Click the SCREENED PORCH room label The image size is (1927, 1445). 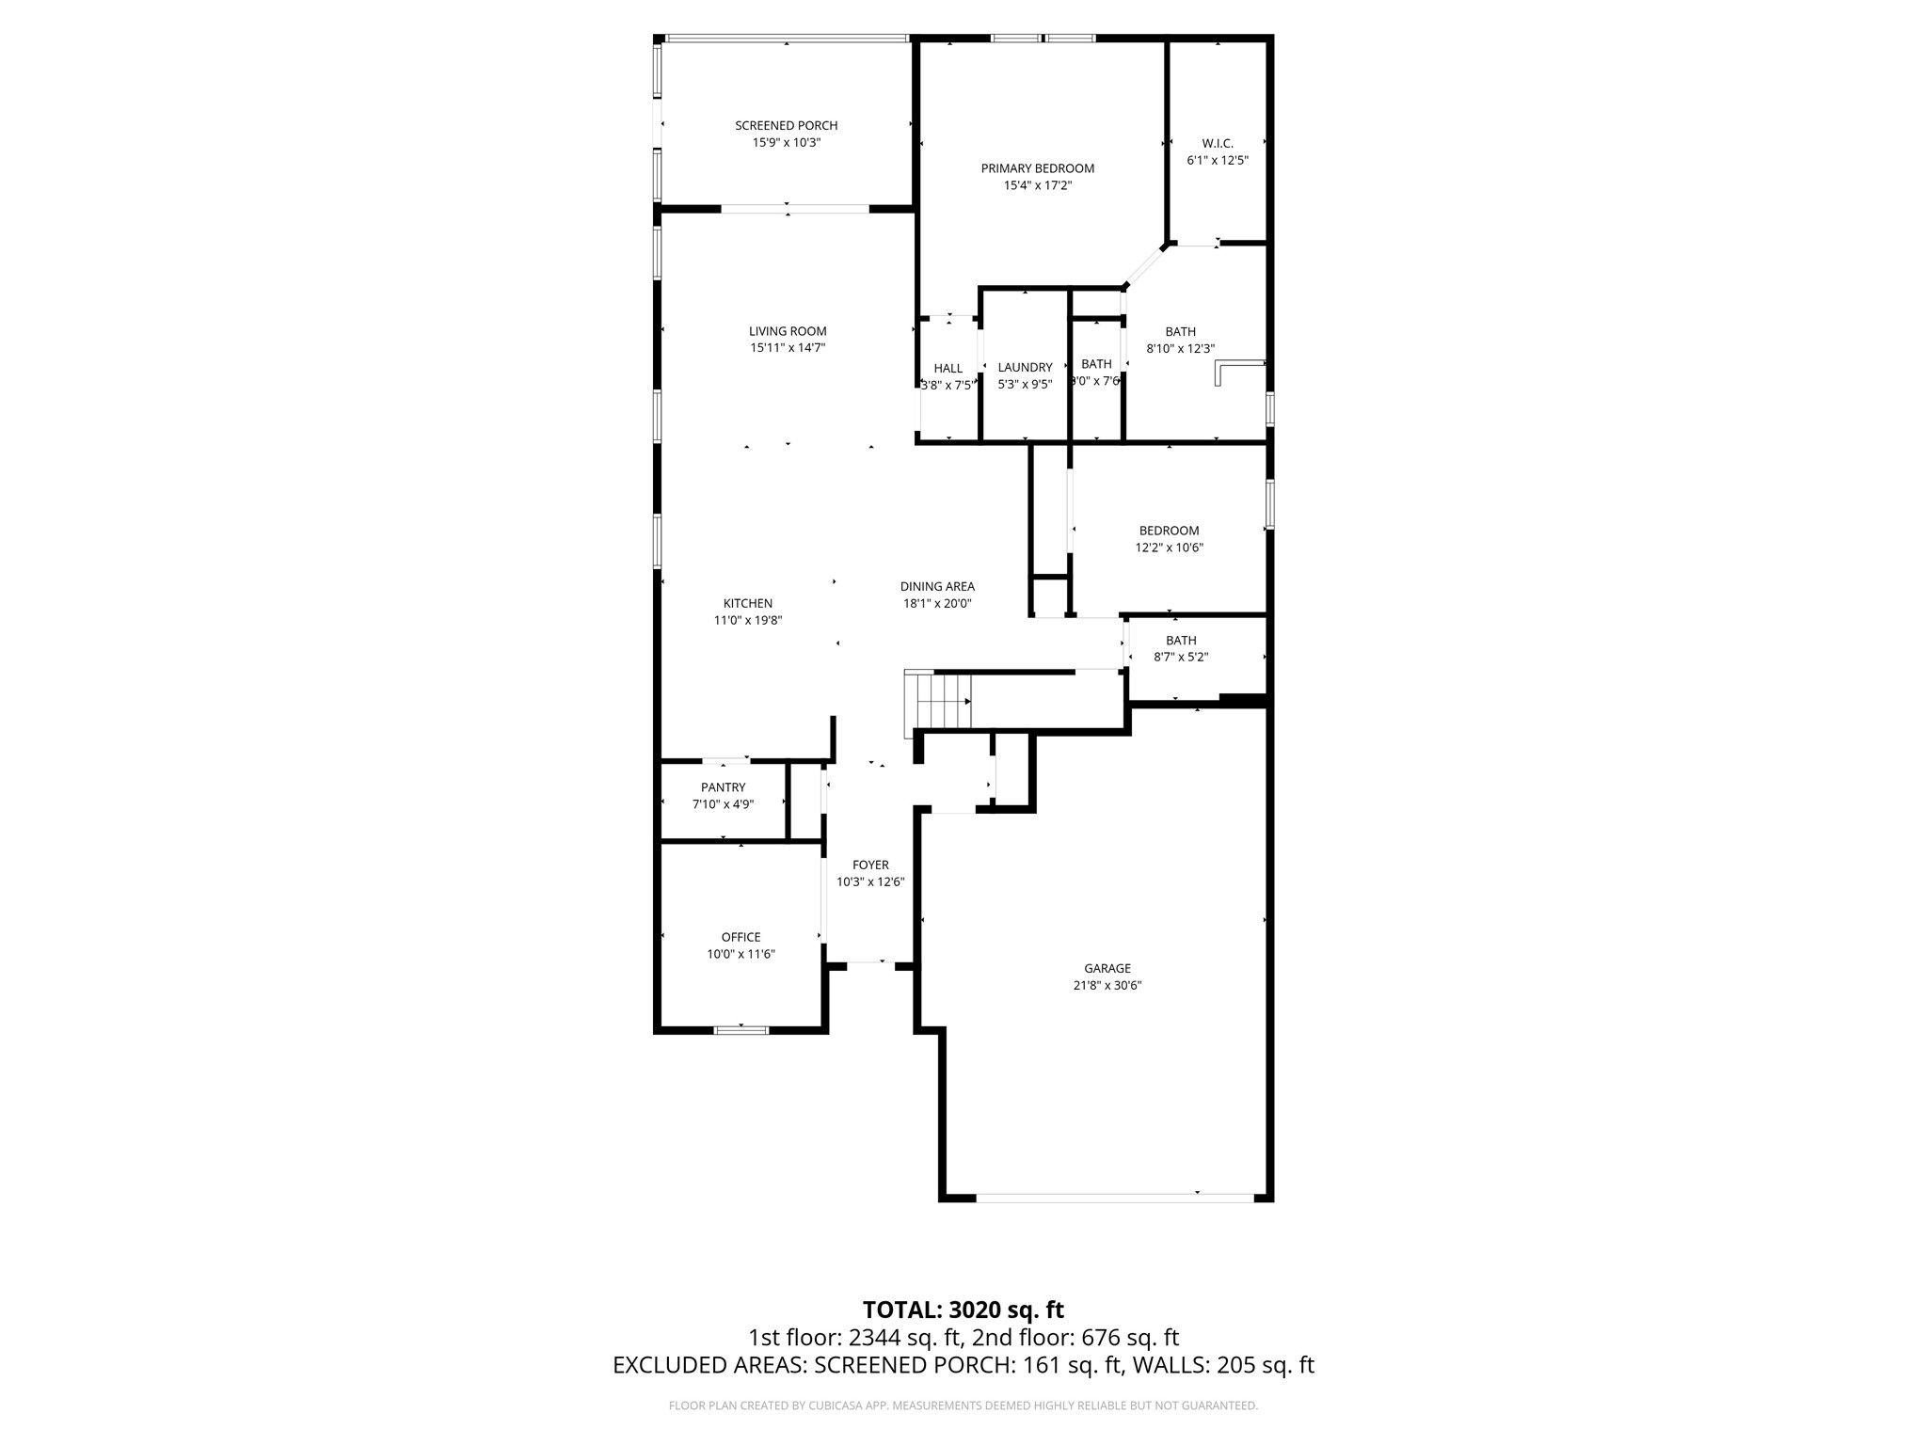coord(786,126)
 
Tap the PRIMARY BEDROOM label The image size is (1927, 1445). coord(1038,169)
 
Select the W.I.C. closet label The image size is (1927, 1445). coord(1218,144)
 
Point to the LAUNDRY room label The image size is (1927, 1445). coord(1025,368)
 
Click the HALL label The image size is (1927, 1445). coord(948,368)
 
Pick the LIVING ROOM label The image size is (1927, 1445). coord(788,331)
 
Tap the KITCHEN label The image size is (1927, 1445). coord(748,604)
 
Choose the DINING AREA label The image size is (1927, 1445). coord(937,587)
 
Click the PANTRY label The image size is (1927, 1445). coord(723,787)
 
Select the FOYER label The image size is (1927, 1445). coord(870,865)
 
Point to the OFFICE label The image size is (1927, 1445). coord(741,937)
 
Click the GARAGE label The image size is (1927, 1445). coord(1107,969)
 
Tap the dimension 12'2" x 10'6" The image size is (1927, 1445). coord(1170,548)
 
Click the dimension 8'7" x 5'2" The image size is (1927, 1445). coord(1181,658)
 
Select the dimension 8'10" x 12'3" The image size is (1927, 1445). coord(1181,348)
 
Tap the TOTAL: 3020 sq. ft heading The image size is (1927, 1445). coord(963,1310)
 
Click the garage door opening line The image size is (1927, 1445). coord(1115,1197)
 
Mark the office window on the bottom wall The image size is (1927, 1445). coord(741,1030)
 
